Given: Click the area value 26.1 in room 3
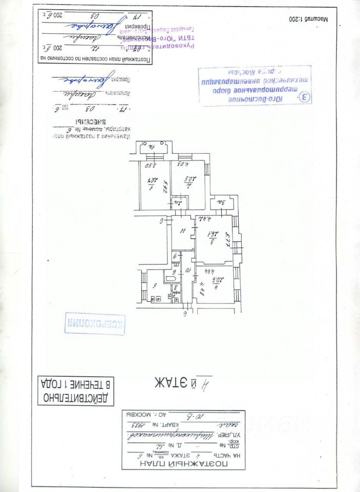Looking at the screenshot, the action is tap(210, 237).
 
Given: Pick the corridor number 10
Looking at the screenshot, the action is tap(187, 270).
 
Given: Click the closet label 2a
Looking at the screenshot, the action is tap(180, 203).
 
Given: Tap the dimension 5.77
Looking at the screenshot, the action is tap(228, 239).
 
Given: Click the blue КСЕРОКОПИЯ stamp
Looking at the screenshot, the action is tap(95, 323).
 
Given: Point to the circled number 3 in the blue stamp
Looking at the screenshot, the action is tap(305, 97).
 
